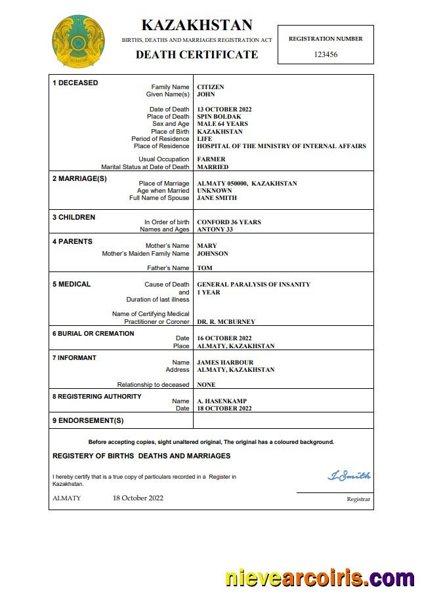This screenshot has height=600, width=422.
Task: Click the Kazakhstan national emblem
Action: pyautogui.click(x=78, y=42)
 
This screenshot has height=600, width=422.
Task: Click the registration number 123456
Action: pyautogui.click(x=326, y=54)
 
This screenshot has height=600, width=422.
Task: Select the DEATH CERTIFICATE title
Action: pyautogui.click(x=196, y=54)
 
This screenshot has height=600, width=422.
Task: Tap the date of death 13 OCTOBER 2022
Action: pyautogui.click(x=224, y=110)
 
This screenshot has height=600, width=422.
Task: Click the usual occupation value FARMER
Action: pyautogui.click(x=211, y=159)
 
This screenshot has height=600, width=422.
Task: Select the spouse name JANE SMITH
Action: pyautogui.click(x=217, y=198)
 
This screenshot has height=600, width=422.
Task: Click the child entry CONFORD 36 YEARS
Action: pyautogui.click(x=228, y=222)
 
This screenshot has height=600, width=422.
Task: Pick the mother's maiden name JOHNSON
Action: pyautogui.click(x=213, y=254)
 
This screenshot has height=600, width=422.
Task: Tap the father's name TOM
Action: pyautogui.click(x=205, y=268)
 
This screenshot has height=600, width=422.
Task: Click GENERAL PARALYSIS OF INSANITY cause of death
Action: pyautogui.click(x=253, y=285)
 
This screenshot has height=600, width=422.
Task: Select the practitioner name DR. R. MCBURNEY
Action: pyautogui.click(x=226, y=322)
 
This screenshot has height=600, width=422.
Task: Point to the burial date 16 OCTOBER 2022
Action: pyautogui.click(x=224, y=338)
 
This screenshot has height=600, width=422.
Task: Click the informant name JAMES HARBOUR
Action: pyautogui.click(x=225, y=363)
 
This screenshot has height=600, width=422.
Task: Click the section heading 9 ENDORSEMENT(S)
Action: pyautogui.click(x=87, y=420)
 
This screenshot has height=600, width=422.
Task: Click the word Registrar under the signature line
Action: pyautogui.click(x=358, y=500)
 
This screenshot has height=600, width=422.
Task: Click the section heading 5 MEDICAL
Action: pyautogui.click(x=72, y=285)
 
